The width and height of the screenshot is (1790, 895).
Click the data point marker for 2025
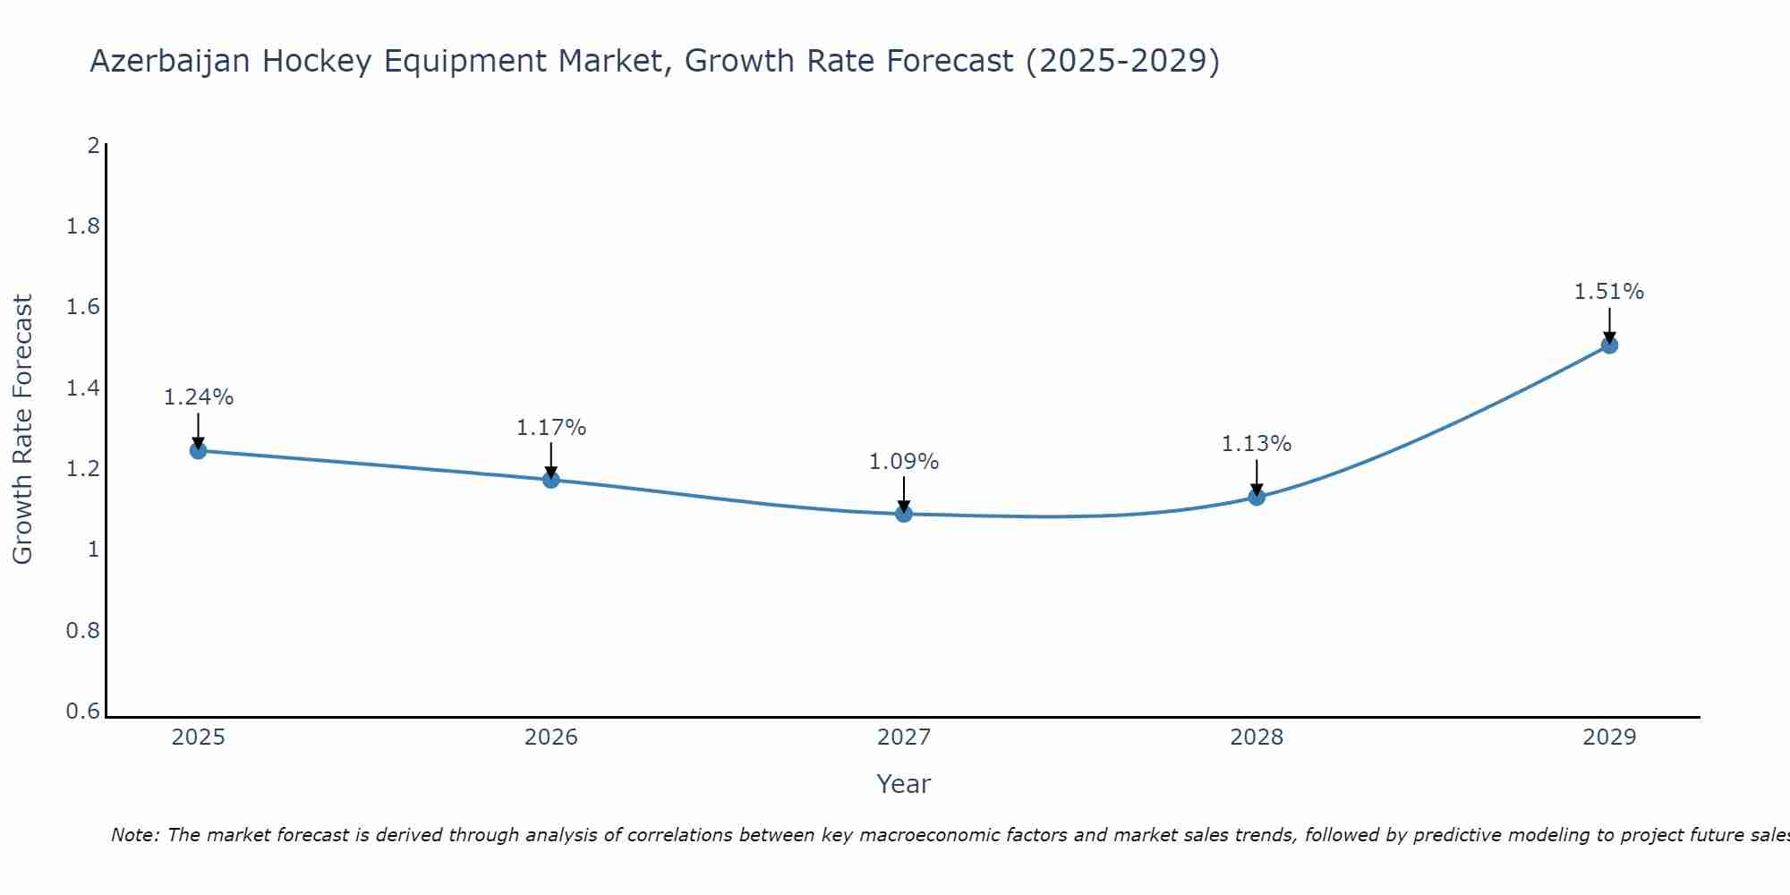tap(199, 450)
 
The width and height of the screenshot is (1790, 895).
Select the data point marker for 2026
tap(551, 480)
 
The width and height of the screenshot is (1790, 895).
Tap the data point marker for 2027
tap(904, 514)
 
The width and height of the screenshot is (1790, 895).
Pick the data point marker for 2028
tap(1257, 497)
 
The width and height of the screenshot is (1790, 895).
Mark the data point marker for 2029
tap(1609, 345)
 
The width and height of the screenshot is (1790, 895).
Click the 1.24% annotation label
tap(199, 397)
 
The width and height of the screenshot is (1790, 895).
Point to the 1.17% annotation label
tap(551, 428)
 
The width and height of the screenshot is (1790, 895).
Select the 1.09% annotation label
tap(904, 462)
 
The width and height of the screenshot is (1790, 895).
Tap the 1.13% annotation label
tap(1257, 444)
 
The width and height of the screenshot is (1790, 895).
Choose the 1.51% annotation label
tap(1609, 292)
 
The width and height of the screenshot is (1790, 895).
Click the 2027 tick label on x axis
tap(904, 737)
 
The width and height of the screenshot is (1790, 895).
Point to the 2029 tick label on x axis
tap(1609, 737)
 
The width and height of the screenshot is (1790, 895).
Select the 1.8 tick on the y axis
tap(83, 226)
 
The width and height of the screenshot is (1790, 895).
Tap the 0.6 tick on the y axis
tap(83, 712)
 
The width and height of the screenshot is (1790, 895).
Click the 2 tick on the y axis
tap(93, 145)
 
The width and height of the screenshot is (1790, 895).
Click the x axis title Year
tap(904, 784)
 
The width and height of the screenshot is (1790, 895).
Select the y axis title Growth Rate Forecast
tap(22, 430)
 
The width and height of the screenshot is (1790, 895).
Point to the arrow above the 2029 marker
tap(1609, 324)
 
